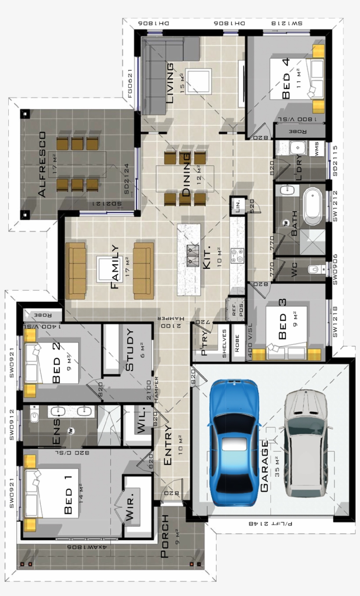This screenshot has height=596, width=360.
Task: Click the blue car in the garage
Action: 234,444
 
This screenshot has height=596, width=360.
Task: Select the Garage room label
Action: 264,466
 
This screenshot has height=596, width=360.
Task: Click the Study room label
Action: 130,350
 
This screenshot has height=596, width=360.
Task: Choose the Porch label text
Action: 165,536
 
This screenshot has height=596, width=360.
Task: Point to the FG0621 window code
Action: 130,83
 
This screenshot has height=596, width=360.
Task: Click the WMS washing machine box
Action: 317,148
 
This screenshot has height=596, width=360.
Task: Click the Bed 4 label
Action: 286,79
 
